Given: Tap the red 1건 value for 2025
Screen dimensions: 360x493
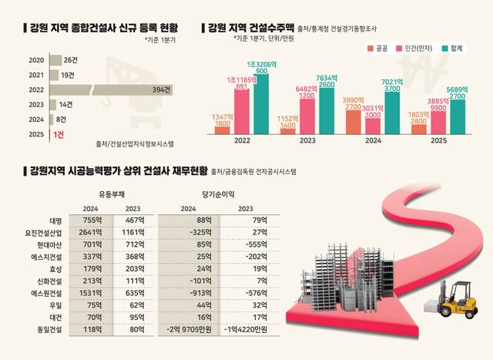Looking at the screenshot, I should coord(57,134).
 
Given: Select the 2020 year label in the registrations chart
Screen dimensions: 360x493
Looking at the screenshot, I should coord(35,60).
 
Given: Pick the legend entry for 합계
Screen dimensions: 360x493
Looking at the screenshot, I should coord(460,49).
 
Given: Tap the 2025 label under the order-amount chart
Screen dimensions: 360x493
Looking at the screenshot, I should coord(438,141).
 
